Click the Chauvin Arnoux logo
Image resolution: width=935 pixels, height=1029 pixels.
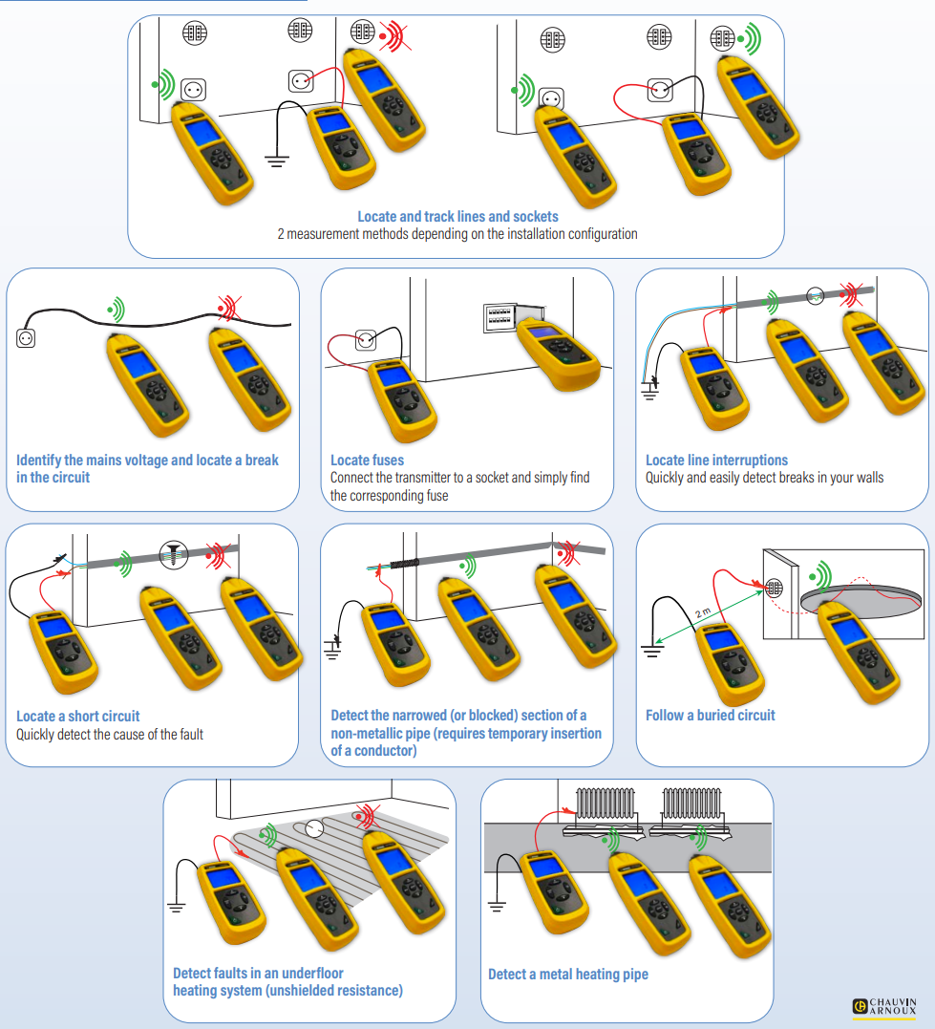(x=884, y=1006)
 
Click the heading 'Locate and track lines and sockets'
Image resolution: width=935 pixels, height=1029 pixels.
(x=457, y=217)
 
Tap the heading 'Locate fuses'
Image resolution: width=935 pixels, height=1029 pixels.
(x=367, y=461)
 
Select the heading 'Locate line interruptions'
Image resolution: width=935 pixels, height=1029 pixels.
(x=716, y=461)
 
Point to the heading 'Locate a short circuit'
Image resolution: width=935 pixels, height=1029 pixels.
(x=78, y=716)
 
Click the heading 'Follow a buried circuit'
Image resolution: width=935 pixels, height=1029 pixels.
(x=710, y=715)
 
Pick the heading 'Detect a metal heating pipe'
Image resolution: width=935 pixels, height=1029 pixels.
(x=568, y=975)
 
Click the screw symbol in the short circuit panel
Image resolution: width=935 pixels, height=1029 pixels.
(x=172, y=552)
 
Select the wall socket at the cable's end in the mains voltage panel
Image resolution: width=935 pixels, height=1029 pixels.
(x=26, y=336)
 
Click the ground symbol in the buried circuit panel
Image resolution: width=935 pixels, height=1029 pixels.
(x=652, y=652)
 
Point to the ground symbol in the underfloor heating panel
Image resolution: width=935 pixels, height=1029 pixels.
(x=177, y=907)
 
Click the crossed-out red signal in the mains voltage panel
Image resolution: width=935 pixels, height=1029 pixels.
(x=226, y=307)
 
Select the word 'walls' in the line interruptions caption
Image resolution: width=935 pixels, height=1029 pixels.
(x=866, y=478)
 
